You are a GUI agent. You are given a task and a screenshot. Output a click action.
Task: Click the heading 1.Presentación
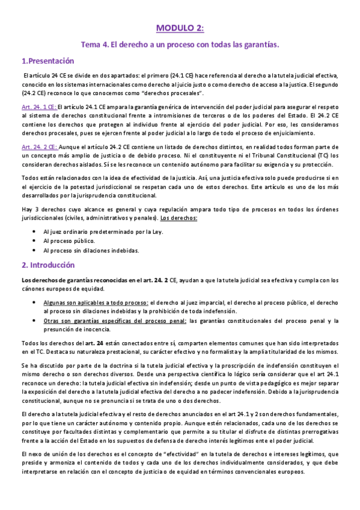click(x=47, y=61)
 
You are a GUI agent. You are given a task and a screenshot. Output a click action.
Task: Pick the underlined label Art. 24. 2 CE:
click(x=39, y=146)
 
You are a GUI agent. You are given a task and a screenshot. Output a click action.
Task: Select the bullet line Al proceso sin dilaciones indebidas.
click(x=91, y=250)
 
